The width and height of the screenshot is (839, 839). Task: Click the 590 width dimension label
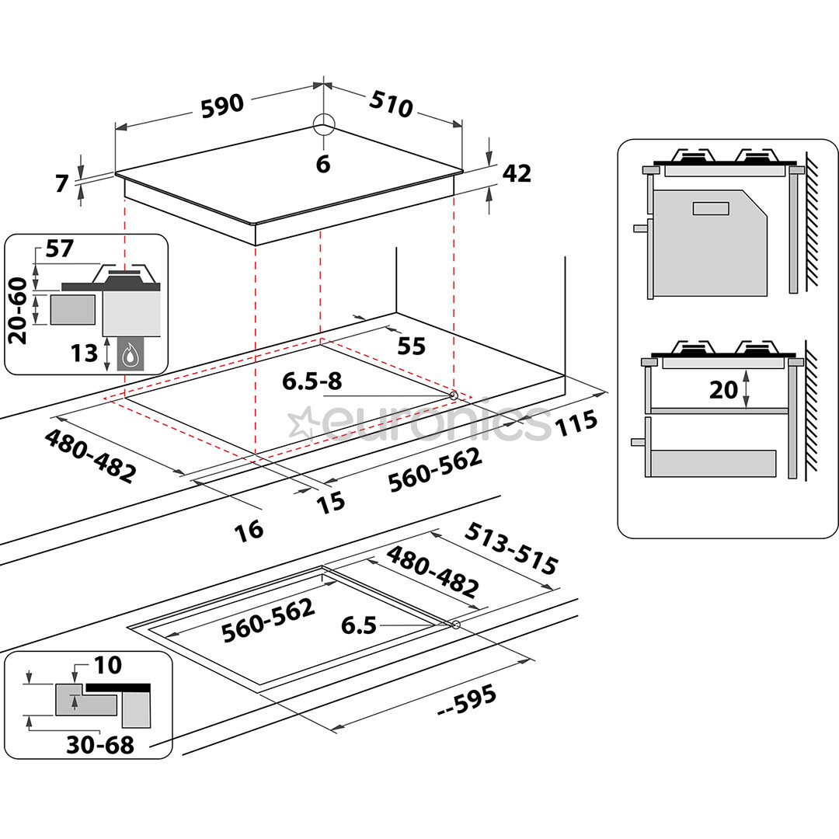(223, 106)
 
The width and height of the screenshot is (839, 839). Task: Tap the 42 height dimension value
(517, 174)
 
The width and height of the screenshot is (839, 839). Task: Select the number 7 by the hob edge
(63, 184)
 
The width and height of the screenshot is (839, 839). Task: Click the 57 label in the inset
(59, 249)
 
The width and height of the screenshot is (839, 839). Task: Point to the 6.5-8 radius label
(312, 381)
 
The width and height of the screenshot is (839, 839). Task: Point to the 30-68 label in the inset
(101, 745)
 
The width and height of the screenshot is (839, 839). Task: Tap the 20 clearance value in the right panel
(723, 388)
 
